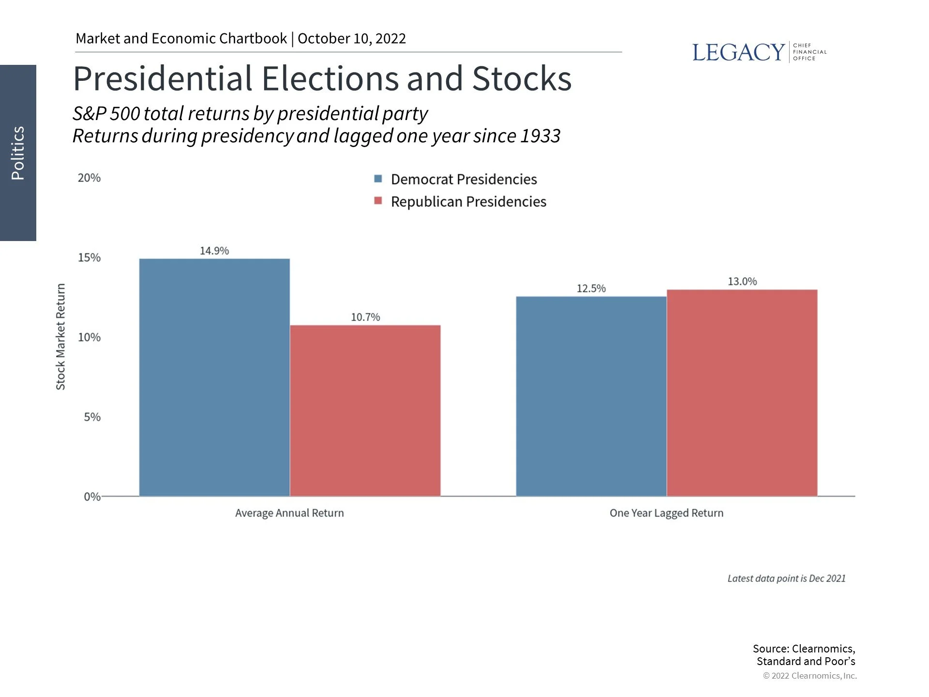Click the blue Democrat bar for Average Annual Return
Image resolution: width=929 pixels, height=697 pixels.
pyautogui.click(x=214, y=378)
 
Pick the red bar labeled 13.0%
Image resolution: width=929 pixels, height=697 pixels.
pyautogui.click(x=742, y=393)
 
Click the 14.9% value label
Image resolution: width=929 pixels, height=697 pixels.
pyautogui.click(x=214, y=251)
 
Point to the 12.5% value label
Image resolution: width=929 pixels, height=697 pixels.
pyautogui.click(x=591, y=288)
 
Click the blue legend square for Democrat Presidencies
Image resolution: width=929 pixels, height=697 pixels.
pyautogui.click(x=378, y=179)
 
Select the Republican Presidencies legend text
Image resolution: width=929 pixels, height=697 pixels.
pyautogui.click(x=468, y=201)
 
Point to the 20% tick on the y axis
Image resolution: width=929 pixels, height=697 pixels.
pyautogui.click(x=89, y=178)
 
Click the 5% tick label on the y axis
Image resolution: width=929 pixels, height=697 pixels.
pyautogui.click(x=92, y=417)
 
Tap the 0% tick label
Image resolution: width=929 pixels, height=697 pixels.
pyautogui.click(x=92, y=497)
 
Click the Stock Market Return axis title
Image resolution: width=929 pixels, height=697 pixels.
pyautogui.click(x=60, y=337)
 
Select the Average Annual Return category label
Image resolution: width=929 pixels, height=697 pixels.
pyautogui.click(x=289, y=513)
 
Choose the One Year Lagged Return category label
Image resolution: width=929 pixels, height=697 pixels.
pyautogui.click(x=666, y=513)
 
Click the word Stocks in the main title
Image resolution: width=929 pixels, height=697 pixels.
pyautogui.click(x=522, y=78)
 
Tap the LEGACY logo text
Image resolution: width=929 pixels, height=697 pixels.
pyautogui.click(x=738, y=52)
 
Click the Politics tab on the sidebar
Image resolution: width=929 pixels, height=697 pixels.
pyautogui.click(x=18, y=153)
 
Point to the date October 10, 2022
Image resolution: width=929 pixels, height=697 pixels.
pyautogui.click(x=352, y=39)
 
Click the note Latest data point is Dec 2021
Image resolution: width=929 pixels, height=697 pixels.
pyautogui.click(x=786, y=578)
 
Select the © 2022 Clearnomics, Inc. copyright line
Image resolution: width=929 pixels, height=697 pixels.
pyautogui.click(x=809, y=676)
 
